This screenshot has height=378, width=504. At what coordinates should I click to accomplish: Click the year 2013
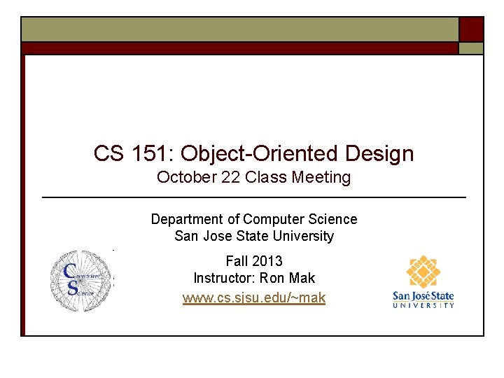point(267,261)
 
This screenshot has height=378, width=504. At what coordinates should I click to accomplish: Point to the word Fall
point(237,261)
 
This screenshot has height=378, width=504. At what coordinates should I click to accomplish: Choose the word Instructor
point(223,278)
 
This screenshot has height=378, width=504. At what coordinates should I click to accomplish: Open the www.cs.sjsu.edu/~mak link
point(254,298)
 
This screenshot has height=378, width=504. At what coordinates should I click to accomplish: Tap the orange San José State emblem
point(423,272)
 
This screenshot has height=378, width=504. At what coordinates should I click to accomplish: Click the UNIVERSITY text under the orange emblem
point(423,304)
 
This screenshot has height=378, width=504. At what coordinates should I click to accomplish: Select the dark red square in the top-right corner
point(471,29)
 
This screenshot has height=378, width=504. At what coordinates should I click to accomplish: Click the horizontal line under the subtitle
point(254,198)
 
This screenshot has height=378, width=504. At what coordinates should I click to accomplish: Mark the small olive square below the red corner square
point(471,48)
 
